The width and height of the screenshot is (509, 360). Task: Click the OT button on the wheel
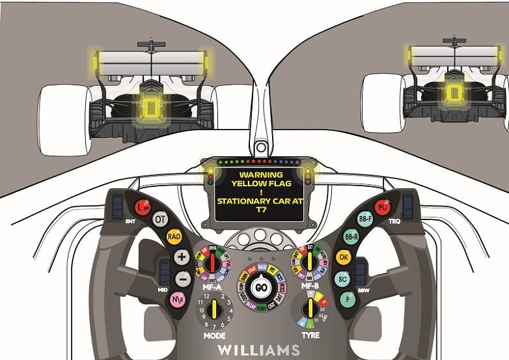click(x=160, y=219)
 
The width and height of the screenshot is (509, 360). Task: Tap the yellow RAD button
click(x=174, y=236)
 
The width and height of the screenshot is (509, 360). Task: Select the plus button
click(x=182, y=257)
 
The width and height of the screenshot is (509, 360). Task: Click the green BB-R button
click(x=351, y=237)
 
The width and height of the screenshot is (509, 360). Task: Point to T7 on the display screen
click(x=260, y=210)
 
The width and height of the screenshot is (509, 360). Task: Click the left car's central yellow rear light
click(x=151, y=107)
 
